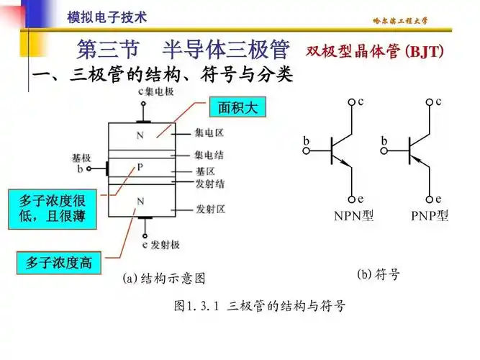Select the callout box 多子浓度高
[59, 264]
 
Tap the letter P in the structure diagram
[140, 167]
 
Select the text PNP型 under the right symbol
[430, 215]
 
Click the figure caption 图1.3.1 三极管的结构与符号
[260, 305]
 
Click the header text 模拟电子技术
[107, 17]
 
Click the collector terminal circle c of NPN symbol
[352, 103]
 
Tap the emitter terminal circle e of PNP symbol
[430, 199]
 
